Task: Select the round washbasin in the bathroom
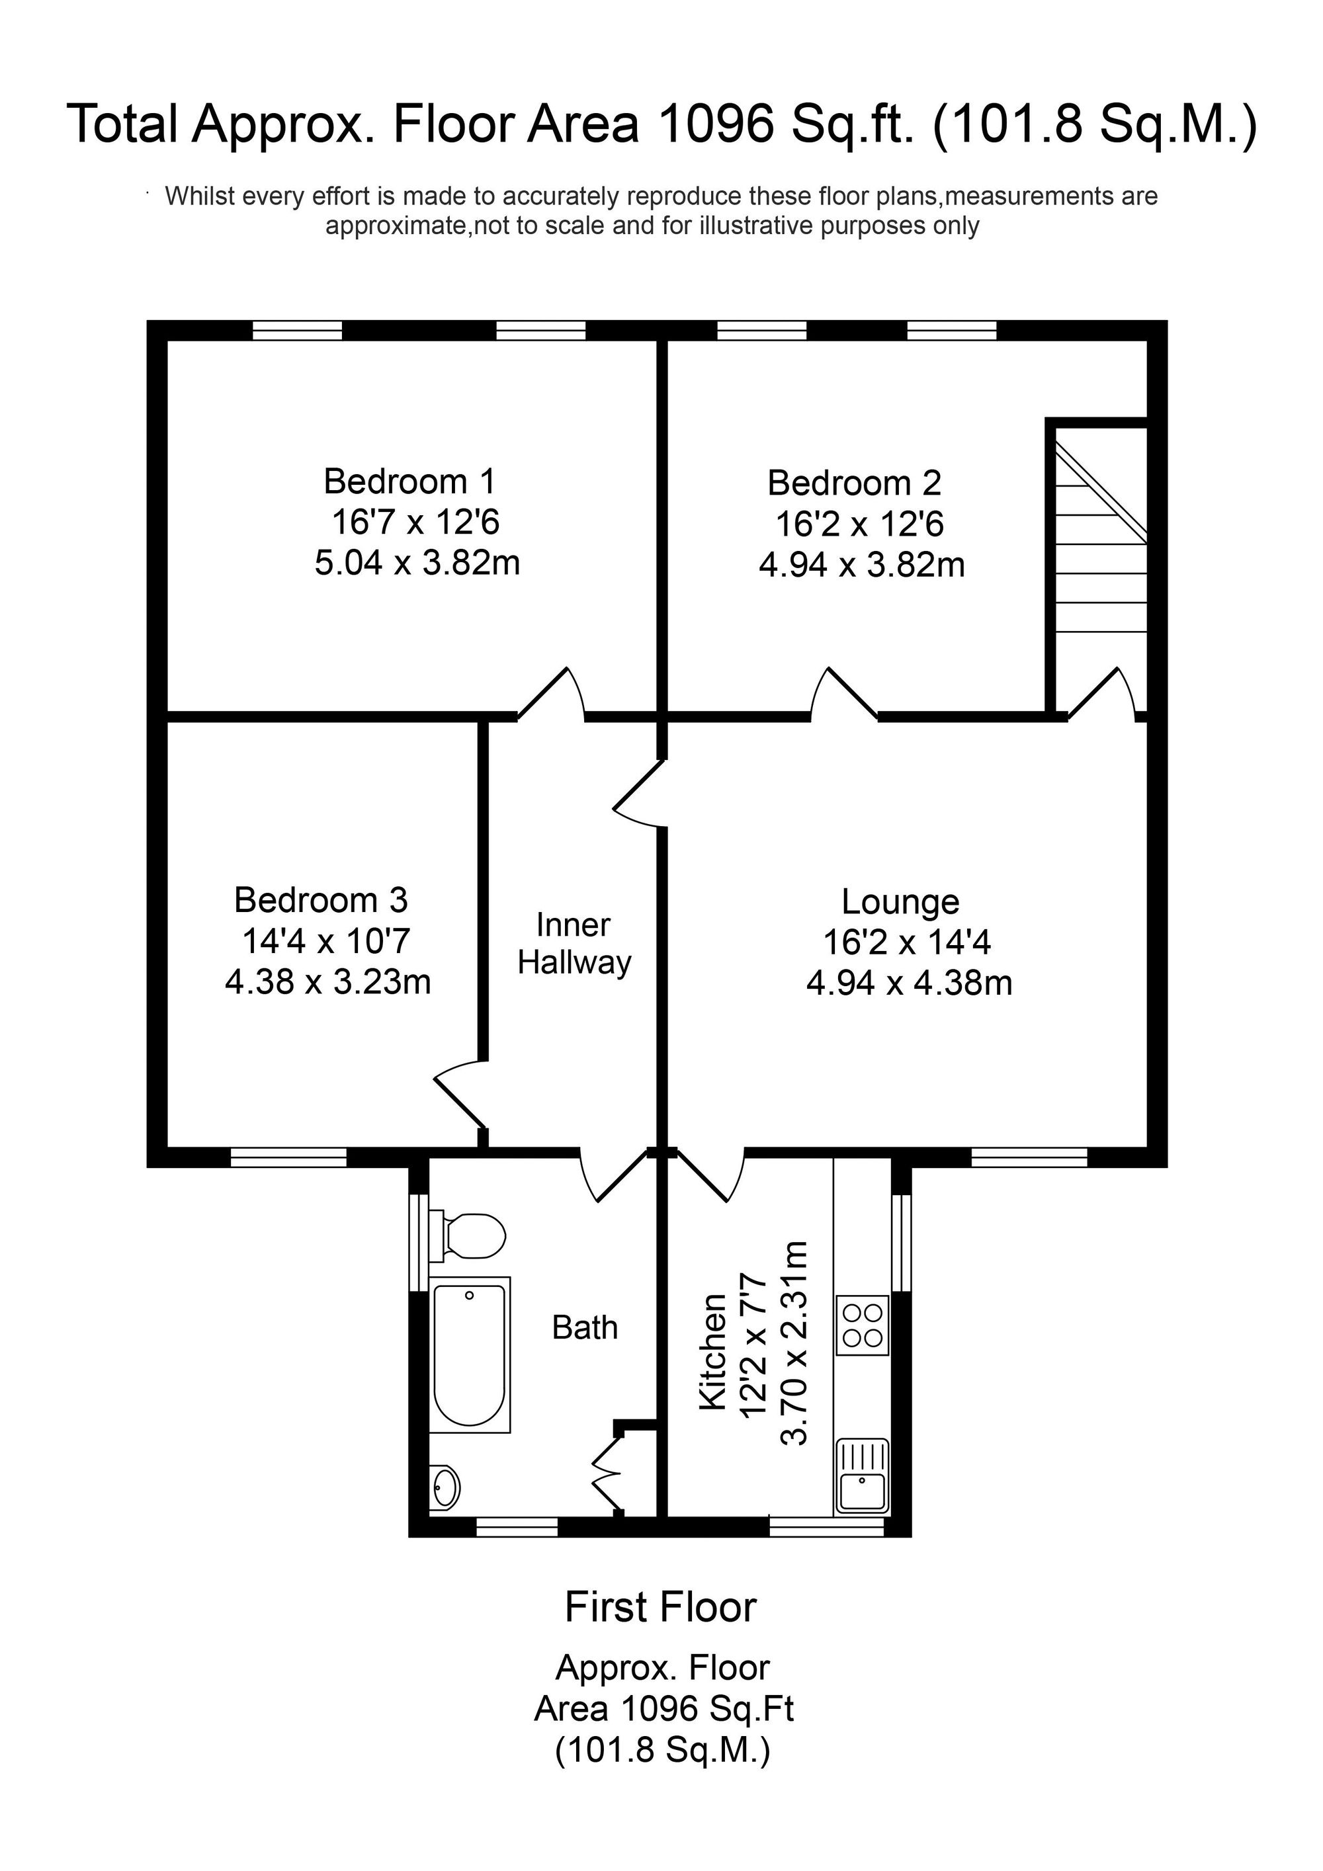[x=445, y=1488]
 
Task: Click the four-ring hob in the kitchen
[x=863, y=1325]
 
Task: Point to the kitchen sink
[x=863, y=1474]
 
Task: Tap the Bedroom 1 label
[x=409, y=481]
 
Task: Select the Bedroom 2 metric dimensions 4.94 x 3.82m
[x=862, y=565]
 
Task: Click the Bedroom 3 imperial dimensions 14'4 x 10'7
[x=326, y=941]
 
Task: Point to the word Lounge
[x=901, y=902]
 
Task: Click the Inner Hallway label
[x=575, y=944]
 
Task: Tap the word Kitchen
[x=713, y=1352]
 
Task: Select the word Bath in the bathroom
[x=585, y=1327]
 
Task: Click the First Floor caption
[x=661, y=1608]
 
